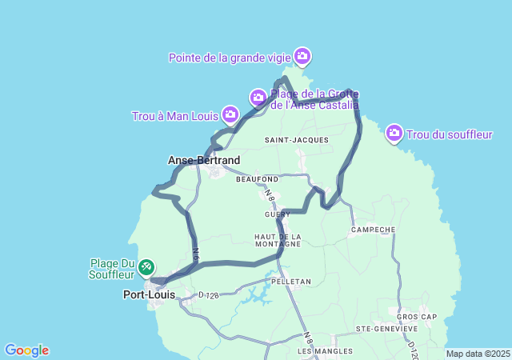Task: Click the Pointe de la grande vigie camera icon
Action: [302, 55]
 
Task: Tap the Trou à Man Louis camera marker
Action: [230, 115]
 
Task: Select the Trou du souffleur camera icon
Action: [394, 133]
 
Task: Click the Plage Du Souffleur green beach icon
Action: [146, 266]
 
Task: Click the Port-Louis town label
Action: [150, 294]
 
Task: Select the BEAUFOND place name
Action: [257, 179]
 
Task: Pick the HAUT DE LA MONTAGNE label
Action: [278, 240]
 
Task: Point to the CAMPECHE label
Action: [373, 230]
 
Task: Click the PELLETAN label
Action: [290, 282]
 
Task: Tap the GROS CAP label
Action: [417, 316]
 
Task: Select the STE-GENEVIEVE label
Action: [387, 329]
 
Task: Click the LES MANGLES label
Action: [319, 351]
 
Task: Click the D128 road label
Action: [209, 296]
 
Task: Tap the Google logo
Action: [26, 350]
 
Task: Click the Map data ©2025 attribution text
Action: [477, 354]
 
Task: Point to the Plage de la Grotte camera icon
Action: [258, 97]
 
